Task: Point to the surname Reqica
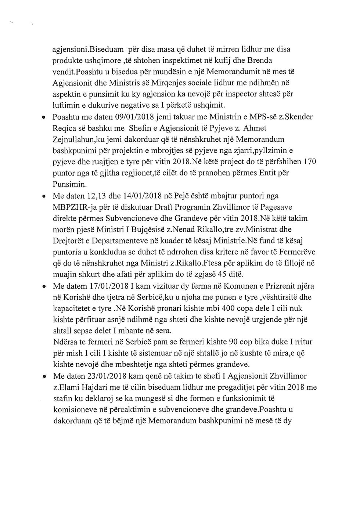click(x=65, y=128)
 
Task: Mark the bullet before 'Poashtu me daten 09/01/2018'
click(x=44, y=118)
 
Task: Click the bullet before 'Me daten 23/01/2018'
click(x=44, y=377)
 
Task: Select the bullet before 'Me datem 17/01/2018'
click(x=44, y=286)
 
